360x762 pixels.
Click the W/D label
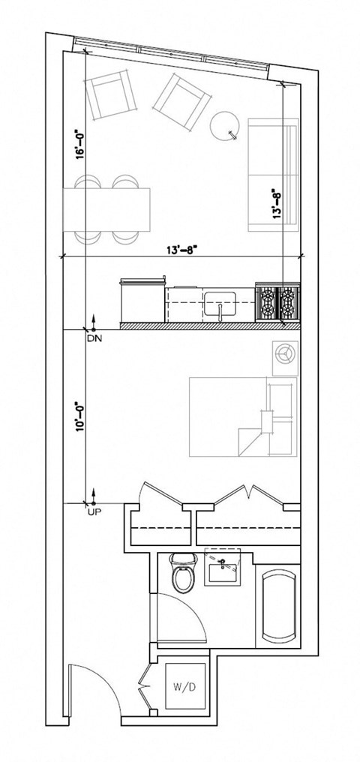(x=181, y=685)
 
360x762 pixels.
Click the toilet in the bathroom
(x=181, y=574)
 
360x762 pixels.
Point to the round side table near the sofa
(x=224, y=124)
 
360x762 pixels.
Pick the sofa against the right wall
(x=274, y=175)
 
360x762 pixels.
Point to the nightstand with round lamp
(x=285, y=357)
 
